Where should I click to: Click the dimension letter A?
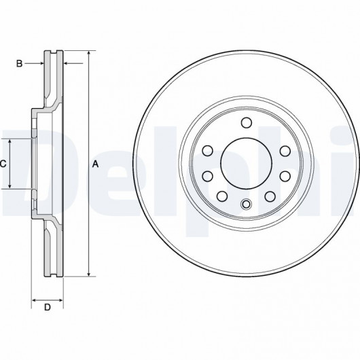tap(95, 164)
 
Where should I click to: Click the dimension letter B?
tap(19, 63)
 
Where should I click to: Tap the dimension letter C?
tap(3, 164)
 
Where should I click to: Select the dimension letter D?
tap(48, 307)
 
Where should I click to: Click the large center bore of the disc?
tap(247, 164)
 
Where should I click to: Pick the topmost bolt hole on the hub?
tap(247, 122)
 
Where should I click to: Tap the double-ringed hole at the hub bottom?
tap(247, 204)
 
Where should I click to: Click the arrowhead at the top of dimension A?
tap(89, 53)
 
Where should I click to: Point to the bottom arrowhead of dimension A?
tap(89, 274)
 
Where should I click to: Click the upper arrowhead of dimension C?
tap(10, 142)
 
